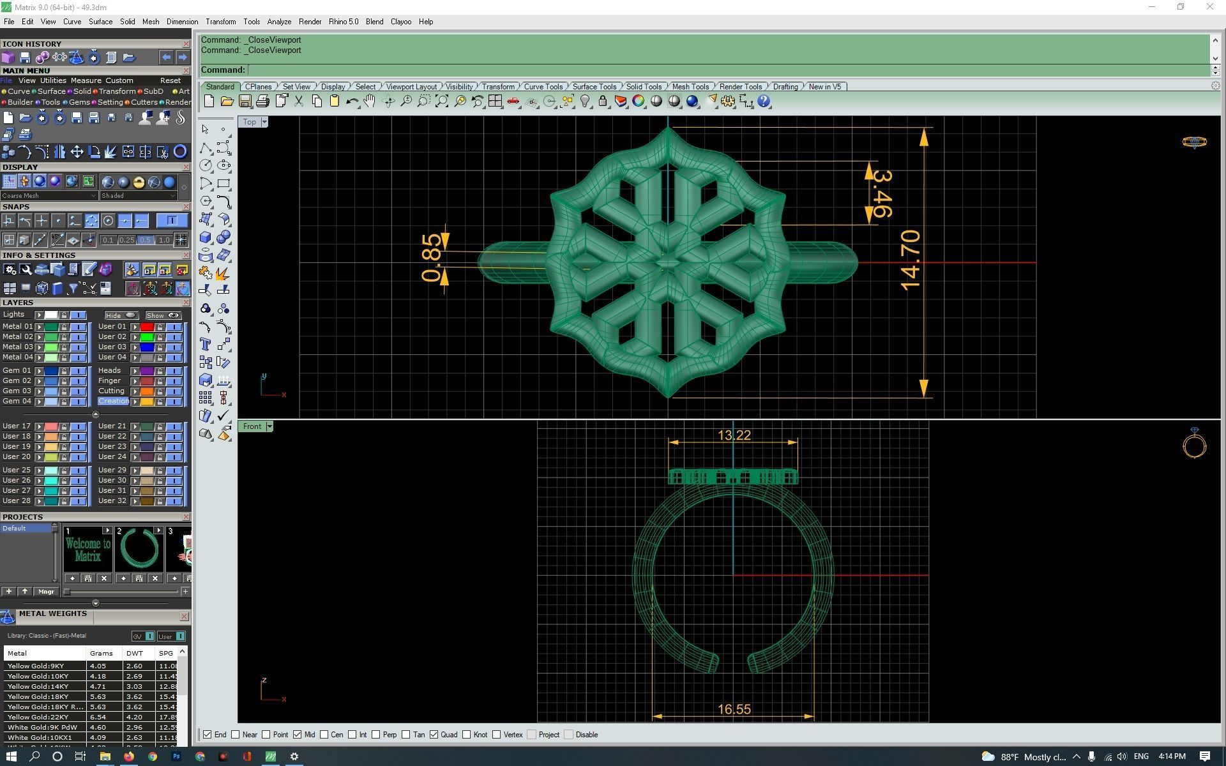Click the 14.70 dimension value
[x=910, y=260]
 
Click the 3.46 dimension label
[x=881, y=193]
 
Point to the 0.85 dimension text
[x=432, y=258]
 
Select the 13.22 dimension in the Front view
[x=734, y=435]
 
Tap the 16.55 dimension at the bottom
[x=734, y=709]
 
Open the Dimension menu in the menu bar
[x=182, y=22]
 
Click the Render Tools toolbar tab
[x=740, y=87]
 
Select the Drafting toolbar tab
[x=785, y=87]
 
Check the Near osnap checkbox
[x=236, y=735]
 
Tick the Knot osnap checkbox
[x=467, y=735]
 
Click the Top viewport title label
[x=249, y=122]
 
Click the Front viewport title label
[x=252, y=426]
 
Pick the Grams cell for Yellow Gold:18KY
[x=98, y=696]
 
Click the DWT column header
[x=134, y=653]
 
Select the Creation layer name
[x=114, y=401]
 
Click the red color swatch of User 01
[x=147, y=327]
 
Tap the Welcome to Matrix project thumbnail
[x=87, y=549]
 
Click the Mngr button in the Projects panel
[x=46, y=592]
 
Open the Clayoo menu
[x=400, y=22]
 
